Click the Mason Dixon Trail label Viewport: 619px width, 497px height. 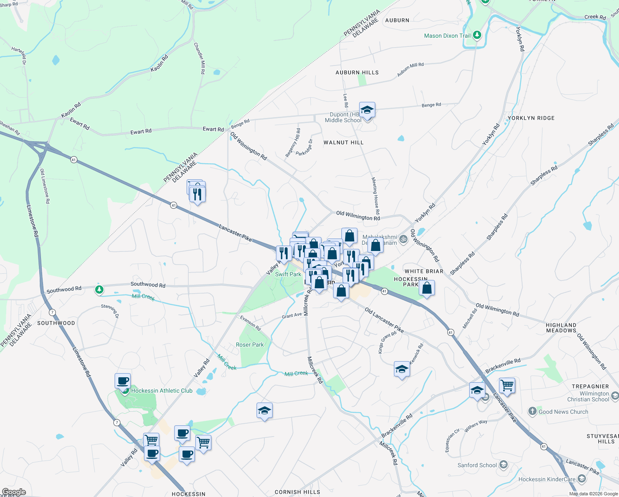pos(447,36)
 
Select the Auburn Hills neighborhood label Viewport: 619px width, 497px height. pos(357,72)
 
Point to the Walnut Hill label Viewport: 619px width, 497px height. pos(343,142)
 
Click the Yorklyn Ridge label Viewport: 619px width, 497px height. pos(531,118)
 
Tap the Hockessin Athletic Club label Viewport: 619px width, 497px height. pos(162,391)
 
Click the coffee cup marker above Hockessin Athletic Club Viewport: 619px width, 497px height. pos(122,381)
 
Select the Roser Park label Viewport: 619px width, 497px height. pos(250,345)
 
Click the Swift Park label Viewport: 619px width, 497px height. pos(288,274)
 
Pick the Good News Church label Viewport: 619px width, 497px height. pos(563,412)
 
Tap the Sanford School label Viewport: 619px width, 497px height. pos(477,465)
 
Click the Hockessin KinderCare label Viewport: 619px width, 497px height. pos(547,479)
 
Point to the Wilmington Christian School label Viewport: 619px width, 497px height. pos(594,396)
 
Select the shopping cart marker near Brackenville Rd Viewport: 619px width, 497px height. pos(507,386)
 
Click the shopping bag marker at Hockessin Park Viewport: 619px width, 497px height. pos(427,287)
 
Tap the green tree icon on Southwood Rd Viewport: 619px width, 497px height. pos(99,290)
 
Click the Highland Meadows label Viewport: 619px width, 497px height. pos(561,328)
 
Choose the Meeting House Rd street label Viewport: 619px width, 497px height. pos(375,195)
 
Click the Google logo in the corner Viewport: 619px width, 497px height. pos(14,492)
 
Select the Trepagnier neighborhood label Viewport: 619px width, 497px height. pos(590,386)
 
